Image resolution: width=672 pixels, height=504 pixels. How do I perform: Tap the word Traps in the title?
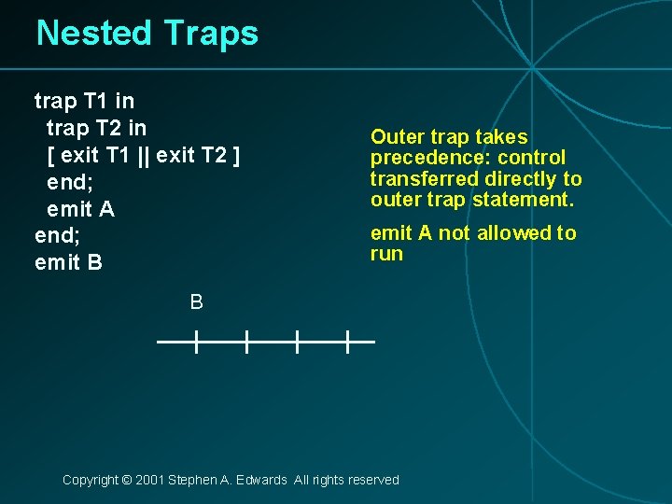tap(211, 34)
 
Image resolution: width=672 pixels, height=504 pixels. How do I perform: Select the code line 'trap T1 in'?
tap(84, 100)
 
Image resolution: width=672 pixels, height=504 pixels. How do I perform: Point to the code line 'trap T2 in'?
tap(96, 127)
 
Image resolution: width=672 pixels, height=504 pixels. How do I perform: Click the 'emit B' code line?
tap(68, 263)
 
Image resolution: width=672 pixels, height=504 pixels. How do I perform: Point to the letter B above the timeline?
tap(196, 302)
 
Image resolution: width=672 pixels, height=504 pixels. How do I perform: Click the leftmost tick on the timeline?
tap(196, 343)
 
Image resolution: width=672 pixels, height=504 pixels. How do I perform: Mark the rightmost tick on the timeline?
tap(347, 343)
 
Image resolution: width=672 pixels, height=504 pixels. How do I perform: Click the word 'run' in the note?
tap(386, 254)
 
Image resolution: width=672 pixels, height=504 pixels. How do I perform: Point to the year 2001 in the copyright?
tap(149, 480)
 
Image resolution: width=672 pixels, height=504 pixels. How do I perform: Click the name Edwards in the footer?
tap(262, 480)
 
